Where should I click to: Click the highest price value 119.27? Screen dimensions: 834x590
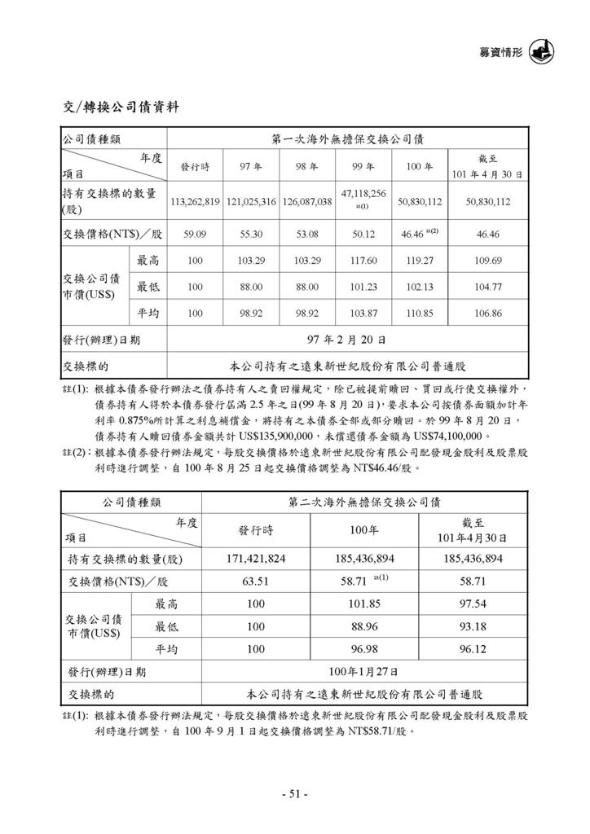[x=419, y=261]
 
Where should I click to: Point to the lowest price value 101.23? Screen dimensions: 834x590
[x=363, y=287]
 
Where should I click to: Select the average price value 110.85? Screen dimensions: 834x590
[x=419, y=313]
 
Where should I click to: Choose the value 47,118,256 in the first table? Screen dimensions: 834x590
[x=363, y=195]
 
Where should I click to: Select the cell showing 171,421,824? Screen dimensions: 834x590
[x=254, y=559]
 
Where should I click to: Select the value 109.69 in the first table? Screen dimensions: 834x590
[x=488, y=261]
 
